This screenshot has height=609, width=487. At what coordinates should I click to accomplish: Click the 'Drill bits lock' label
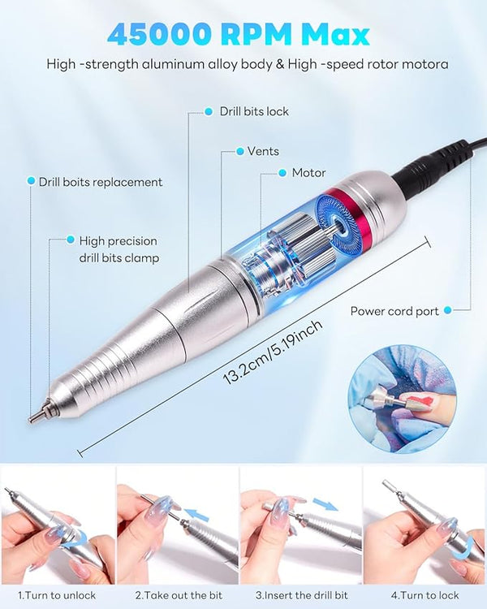pyautogui.click(x=254, y=111)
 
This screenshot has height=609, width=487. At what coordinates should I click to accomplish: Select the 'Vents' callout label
pyautogui.click(x=263, y=151)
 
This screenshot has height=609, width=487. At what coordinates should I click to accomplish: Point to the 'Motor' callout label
pyautogui.click(x=308, y=173)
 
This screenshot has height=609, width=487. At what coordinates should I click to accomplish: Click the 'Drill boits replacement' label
pyautogui.click(x=101, y=182)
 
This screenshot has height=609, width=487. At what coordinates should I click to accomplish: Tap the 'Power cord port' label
pyautogui.click(x=394, y=311)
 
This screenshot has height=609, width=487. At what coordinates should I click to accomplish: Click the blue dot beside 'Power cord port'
pyautogui.click(x=448, y=310)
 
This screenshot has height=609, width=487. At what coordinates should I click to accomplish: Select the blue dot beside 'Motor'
pyautogui.click(x=282, y=173)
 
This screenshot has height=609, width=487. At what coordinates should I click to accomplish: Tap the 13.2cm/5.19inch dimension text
pyautogui.click(x=273, y=352)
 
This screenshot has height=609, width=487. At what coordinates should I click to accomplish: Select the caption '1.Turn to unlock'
pyautogui.click(x=57, y=595)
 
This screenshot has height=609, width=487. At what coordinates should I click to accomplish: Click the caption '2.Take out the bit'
pyautogui.click(x=179, y=595)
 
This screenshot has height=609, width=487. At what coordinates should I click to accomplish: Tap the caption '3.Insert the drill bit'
pyautogui.click(x=302, y=595)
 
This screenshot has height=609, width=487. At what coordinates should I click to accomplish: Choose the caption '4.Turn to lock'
pyautogui.click(x=425, y=595)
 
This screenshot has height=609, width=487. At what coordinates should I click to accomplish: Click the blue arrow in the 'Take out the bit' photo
pyautogui.click(x=197, y=515)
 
